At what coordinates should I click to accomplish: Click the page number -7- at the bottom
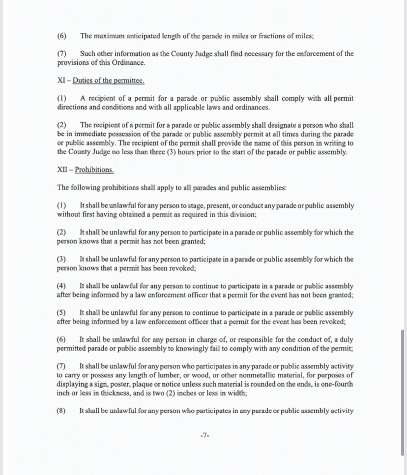[x=205, y=435]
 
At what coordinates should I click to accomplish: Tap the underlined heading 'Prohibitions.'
[x=94, y=170]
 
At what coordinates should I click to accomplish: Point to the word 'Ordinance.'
[x=129, y=63]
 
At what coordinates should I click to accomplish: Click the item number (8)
[x=61, y=411]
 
